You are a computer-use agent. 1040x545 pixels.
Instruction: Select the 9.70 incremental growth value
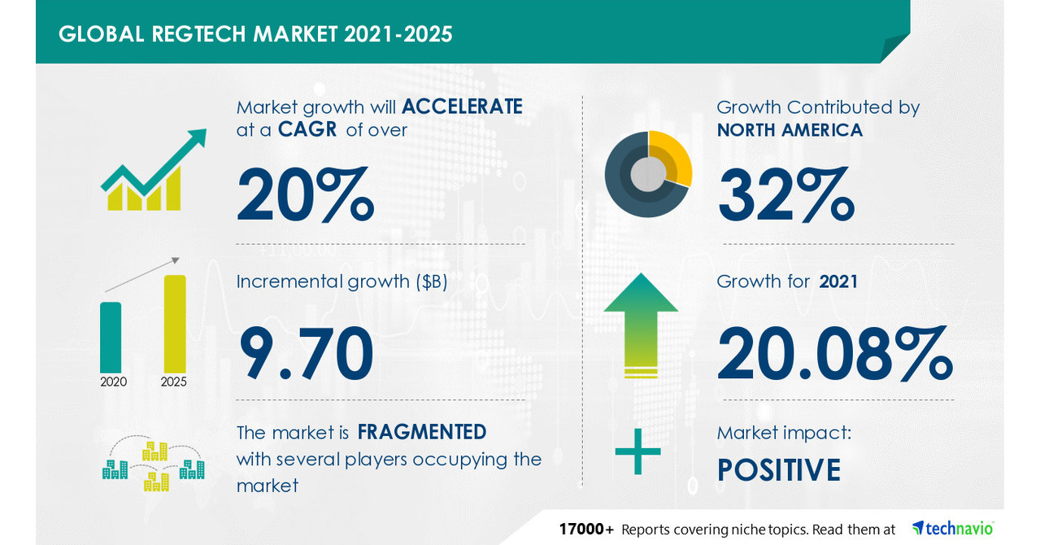point(306,355)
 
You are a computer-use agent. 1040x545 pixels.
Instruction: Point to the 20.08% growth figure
point(834,355)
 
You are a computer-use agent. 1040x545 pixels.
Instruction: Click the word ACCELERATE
point(462,107)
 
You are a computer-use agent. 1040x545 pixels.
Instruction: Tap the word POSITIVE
point(778,471)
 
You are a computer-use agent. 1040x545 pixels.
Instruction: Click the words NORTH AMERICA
point(790,130)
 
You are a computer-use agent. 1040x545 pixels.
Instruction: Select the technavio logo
point(952,528)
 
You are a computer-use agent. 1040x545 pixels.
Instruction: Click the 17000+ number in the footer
point(586,529)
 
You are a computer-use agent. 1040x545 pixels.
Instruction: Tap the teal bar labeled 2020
point(111,336)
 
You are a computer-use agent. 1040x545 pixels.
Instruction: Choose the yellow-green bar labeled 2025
point(175,323)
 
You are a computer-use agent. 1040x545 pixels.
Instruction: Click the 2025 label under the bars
point(174,381)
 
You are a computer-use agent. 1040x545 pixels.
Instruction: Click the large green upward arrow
point(641,325)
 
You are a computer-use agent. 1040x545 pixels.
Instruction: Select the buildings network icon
point(153,465)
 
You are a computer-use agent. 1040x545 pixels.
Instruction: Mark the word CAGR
point(308,130)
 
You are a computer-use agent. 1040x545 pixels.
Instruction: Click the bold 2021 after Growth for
point(838,281)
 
